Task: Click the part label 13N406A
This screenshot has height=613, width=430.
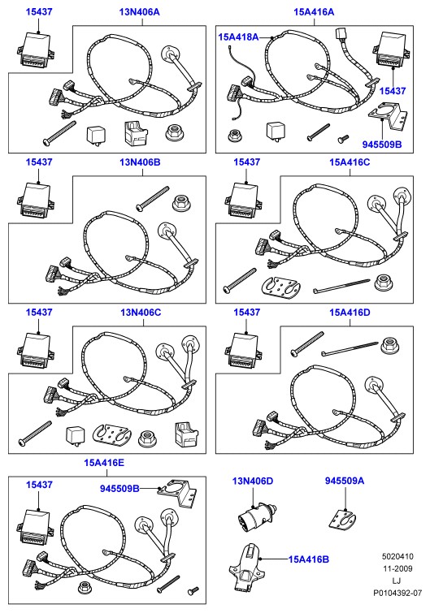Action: click(139, 11)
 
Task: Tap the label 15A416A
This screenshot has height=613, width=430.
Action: click(314, 11)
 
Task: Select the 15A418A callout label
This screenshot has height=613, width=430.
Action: click(238, 37)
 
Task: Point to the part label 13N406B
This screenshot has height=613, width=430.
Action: click(140, 162)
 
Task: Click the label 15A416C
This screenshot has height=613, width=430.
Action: click(350, 162)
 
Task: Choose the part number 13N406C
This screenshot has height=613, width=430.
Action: click(141, 313)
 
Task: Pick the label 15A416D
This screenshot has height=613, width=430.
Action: click(350, 313)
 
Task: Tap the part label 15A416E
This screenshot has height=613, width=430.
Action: click(104, 463)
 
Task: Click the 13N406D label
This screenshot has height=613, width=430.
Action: click(252, 481)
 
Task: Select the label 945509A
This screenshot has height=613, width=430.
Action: click(345, 481)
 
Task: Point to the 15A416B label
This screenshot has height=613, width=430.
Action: click(308, 559)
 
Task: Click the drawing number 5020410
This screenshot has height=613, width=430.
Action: click(397, 556)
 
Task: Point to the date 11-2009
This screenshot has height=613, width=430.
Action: click(397, 568)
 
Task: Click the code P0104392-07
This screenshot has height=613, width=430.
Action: click(397, 593)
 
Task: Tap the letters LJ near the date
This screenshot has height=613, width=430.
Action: click(397, 581)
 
